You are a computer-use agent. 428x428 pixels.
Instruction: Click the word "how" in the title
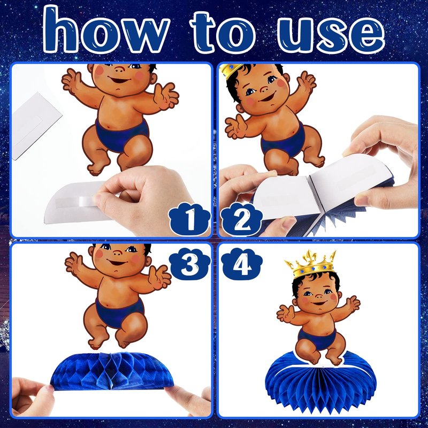point(105,30)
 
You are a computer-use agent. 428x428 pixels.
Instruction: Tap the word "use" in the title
point(331,33)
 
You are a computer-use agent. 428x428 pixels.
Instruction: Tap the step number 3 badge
point(190,264)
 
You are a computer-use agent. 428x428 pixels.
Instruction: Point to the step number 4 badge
point(241,264)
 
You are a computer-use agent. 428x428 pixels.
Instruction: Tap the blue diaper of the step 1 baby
point(123,134)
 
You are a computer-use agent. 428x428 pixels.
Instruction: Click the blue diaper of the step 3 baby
point(119,312)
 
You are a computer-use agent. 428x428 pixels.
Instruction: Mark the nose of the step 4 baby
point(318,296)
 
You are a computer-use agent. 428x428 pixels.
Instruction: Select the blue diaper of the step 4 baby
point(317,339)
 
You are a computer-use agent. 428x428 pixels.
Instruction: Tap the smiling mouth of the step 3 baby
point(117,263)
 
